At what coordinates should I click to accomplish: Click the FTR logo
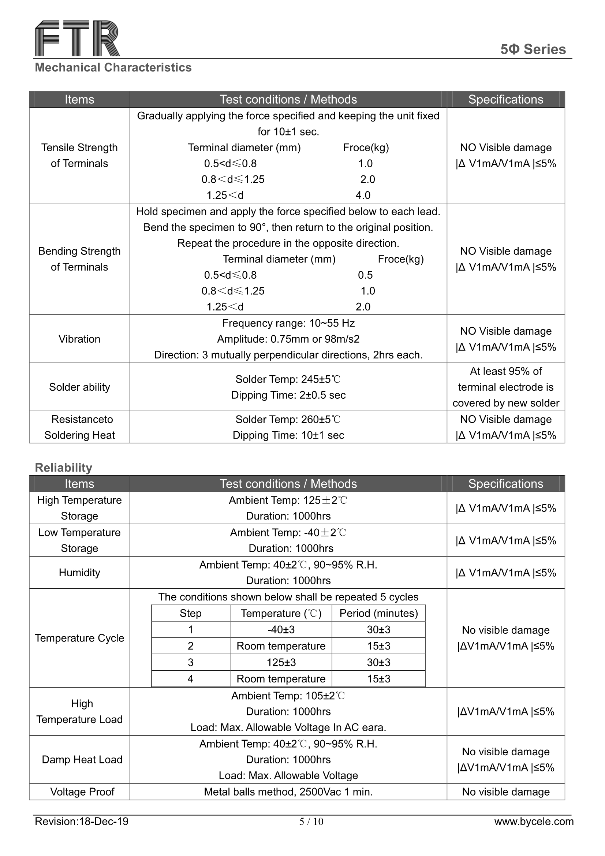[77, 38]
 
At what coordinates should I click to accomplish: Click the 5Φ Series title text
[533, 49]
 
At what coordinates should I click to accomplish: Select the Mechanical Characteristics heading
[113, 67]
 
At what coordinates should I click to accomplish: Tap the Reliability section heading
[63, 467]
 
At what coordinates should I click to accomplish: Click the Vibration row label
[79, 339]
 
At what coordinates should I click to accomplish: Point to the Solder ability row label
[79, 387]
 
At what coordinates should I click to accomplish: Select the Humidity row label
[79, 572]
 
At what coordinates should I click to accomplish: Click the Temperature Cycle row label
[79, 638]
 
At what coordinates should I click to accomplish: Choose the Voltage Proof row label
[82, 792]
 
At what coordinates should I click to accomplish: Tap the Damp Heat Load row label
[82, 759]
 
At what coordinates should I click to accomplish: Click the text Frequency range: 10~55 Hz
[288, 323]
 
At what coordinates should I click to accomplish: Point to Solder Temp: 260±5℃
[288, 420]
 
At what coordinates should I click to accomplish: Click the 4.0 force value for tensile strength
[363, 195]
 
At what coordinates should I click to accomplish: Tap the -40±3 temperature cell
[281, 629]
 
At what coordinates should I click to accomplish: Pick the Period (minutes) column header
[378, 613]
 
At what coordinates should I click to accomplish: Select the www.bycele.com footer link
[534, 821]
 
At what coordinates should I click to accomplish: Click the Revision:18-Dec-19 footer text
[82, 821]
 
